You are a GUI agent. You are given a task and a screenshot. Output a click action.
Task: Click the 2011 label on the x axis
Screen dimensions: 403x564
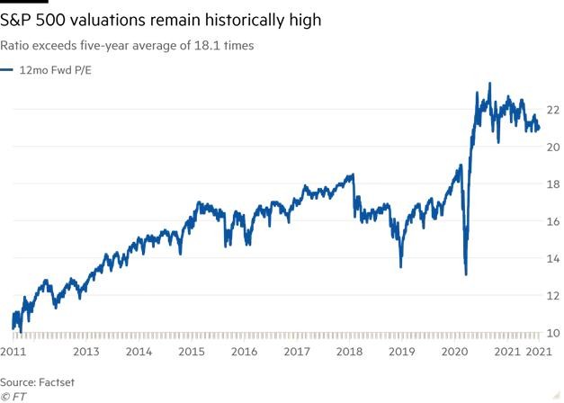tap(13, 352)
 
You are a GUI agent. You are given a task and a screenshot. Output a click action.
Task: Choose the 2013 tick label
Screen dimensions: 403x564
tap(85, 352)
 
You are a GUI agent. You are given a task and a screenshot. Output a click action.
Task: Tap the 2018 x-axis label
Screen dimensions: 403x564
tap(347, 352)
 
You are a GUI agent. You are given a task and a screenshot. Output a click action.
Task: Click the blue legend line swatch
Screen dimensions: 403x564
tap(8, 69)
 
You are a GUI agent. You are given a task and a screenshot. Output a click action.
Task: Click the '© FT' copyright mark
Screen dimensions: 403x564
tap(13, 396)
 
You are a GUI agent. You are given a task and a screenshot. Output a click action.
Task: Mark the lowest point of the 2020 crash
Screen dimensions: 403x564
tap(465, 273)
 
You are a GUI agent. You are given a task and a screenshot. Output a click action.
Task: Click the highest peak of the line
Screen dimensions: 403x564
tap(489, 84)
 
